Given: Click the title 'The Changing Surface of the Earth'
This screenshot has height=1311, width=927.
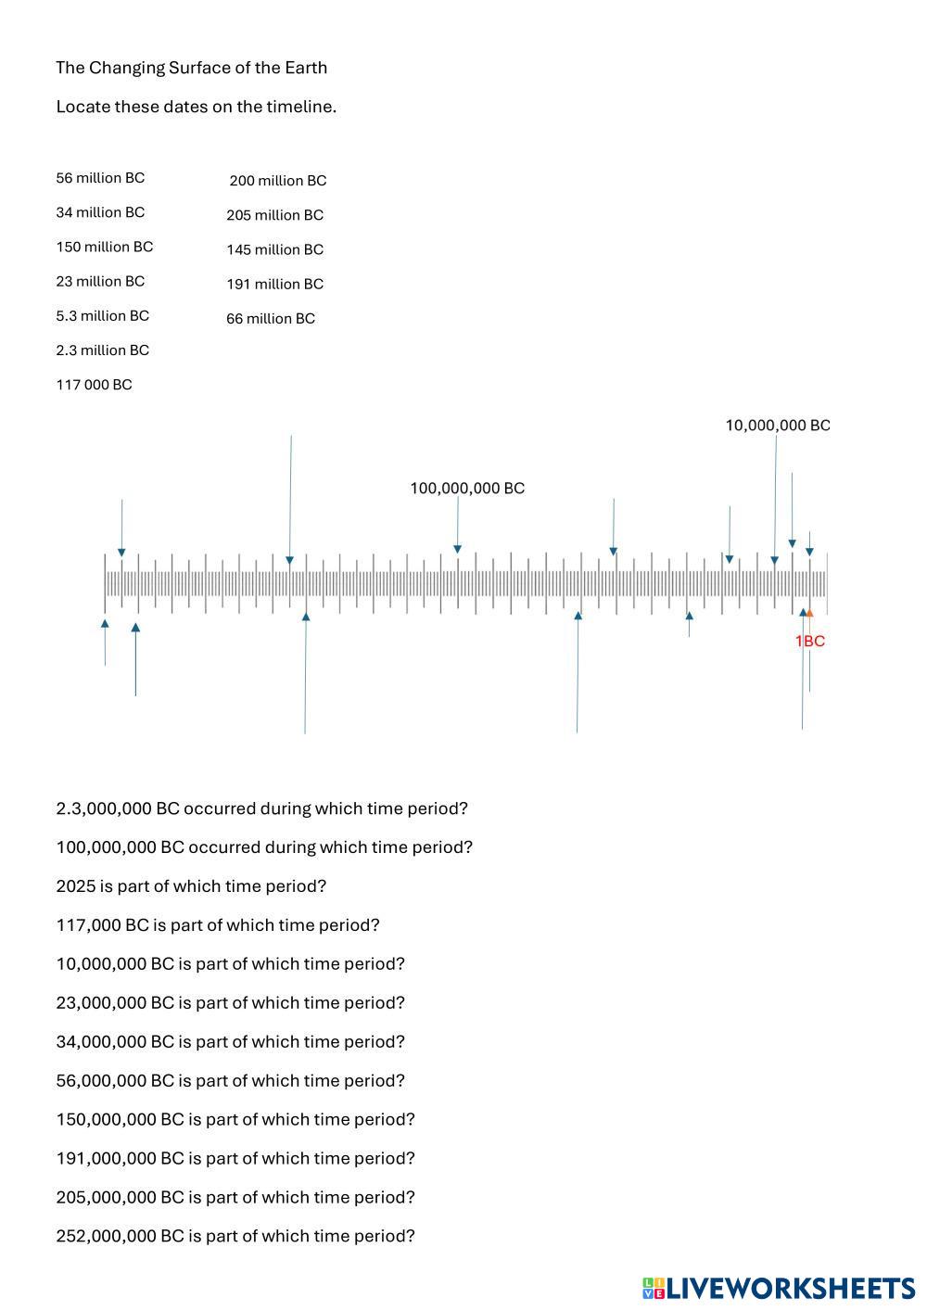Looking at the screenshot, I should click(x=191, y=68).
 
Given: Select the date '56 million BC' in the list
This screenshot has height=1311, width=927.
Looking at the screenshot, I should click(x=100, y=178).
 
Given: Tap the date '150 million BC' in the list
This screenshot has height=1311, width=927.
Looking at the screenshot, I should click(x=105, y=247).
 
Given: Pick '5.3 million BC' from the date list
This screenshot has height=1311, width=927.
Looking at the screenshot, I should click(x=102, y=316).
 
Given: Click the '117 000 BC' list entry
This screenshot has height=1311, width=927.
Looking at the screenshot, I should click(x=94, y=385).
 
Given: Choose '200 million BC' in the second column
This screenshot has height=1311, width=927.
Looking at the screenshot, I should click(x=278, y=181).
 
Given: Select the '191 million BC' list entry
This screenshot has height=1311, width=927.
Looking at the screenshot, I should click(x=274, y=285).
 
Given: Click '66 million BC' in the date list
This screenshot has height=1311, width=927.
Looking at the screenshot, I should click(x=271, y=319).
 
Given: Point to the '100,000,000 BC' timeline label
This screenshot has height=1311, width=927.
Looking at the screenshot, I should click(x=467, y=489).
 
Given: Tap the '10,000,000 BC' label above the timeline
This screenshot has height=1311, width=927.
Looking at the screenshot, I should click(x=778, y=426).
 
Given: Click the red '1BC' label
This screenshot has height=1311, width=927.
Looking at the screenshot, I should click(x=810, y=642).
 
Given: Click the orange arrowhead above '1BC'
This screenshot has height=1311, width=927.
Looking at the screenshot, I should click(x=809, y=613).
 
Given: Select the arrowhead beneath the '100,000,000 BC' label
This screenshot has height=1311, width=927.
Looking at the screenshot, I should click(x=457, y=550).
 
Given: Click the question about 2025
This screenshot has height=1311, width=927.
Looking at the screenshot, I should click(x=191, y=886).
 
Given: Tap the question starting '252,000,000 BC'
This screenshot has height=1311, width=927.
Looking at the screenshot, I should click(x=235, y=1236).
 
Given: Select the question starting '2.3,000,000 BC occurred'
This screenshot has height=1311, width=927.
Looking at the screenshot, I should click(x=261, y=808).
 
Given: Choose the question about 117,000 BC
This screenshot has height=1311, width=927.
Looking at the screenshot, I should click(x=218, y=925).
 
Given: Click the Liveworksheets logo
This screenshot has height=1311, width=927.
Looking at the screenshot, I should click(x=778, y=1288).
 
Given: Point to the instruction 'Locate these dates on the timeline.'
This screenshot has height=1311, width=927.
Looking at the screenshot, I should click(x=196, y=107).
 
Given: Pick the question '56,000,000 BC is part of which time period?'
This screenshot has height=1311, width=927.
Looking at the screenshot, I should click(x=230, y=1081).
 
